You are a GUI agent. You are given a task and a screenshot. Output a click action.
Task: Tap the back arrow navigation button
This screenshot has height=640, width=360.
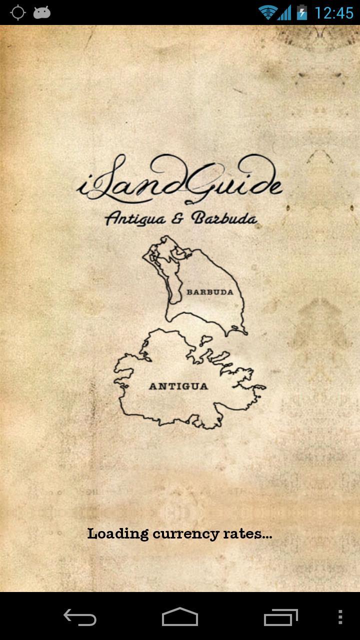point(80,617)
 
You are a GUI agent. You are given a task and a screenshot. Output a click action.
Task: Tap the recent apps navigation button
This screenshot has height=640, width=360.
point(280,617)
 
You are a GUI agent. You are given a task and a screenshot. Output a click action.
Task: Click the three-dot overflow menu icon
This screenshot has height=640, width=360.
point(340,617)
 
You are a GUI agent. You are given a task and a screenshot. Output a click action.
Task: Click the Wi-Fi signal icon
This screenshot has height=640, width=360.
point(268,12)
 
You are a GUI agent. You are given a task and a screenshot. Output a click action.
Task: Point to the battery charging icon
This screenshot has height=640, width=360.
point(301,12)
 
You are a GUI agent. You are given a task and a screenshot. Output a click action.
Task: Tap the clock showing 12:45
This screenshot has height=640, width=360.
point(334,12)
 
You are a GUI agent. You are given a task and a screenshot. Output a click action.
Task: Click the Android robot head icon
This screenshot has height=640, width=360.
point(42,12)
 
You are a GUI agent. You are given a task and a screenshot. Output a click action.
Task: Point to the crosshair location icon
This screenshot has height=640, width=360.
point(18,12)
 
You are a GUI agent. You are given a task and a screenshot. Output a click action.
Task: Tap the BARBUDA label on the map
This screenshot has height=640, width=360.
point(210,292)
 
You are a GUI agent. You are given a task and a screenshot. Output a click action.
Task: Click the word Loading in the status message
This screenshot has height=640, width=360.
point(118,534)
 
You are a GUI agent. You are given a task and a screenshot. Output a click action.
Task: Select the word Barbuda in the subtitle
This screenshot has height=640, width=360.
point(225,219)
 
